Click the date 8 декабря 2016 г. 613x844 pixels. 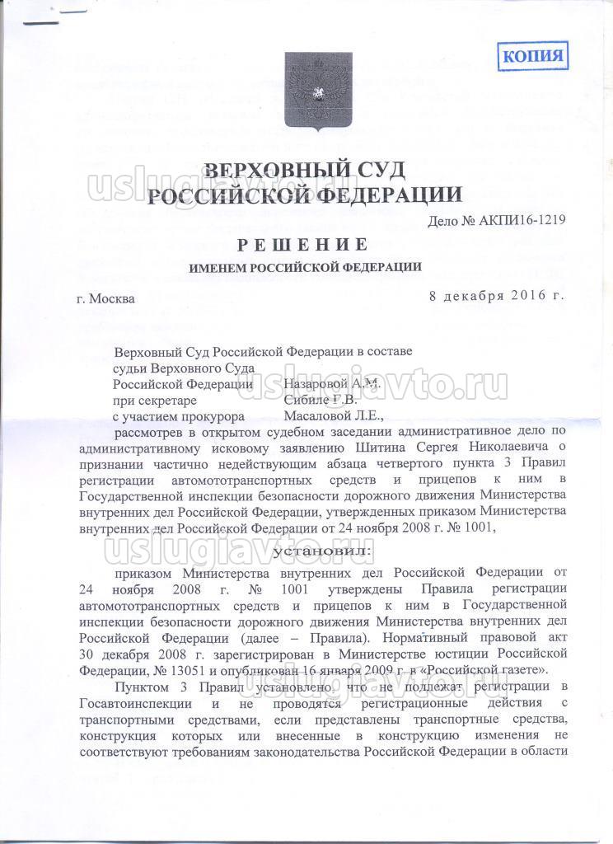coord(497,295)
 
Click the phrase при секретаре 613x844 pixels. coord(154,401)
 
